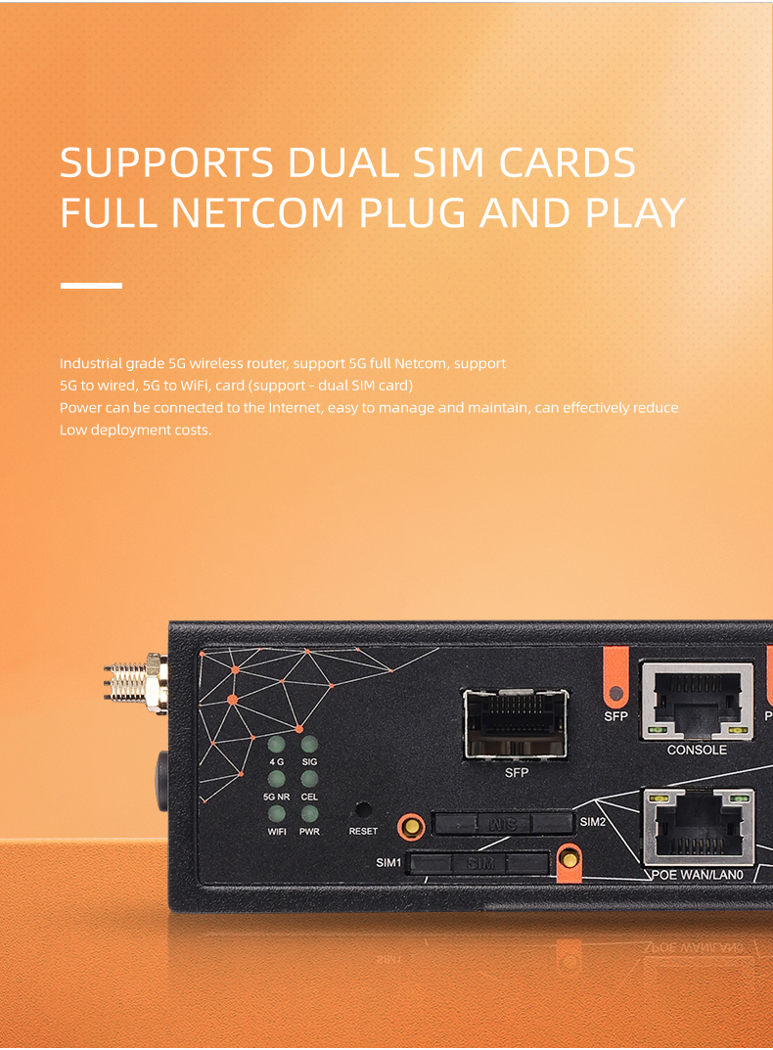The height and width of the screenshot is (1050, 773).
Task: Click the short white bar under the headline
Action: click(91, 286)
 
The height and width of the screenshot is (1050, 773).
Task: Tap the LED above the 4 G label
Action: click(277, 744)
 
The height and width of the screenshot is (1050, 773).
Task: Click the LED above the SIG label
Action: click(309, 744)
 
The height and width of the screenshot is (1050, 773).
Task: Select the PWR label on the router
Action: click(309, 832)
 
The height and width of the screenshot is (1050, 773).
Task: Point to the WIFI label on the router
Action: click(277, 832)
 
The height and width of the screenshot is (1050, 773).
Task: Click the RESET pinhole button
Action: click(363, 811)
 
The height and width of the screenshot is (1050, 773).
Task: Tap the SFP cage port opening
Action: click(516, 725)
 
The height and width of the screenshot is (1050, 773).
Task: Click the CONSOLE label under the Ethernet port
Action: click(697, 751)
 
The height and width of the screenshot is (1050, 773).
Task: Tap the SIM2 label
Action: click(593, 822)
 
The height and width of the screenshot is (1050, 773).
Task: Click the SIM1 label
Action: click(389, 863)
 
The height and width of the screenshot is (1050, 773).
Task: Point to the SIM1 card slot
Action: click(479, 863)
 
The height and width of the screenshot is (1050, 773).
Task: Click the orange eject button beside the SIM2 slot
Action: click(413, 827)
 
